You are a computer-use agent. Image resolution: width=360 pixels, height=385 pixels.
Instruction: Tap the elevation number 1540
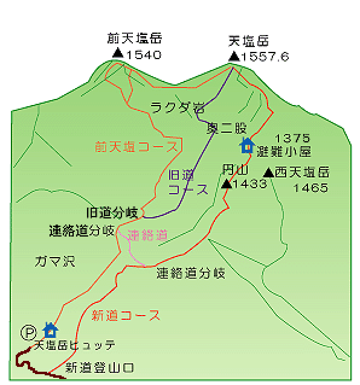click(143, 54)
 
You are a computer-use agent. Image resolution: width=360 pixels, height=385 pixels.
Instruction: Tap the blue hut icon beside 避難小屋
click(246, 146)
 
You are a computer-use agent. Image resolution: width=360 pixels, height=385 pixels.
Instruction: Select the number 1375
click(292, 138)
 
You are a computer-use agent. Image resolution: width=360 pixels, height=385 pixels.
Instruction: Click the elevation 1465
click(310, 188)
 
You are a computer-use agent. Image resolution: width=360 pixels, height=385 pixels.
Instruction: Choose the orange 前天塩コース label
click(137, 147)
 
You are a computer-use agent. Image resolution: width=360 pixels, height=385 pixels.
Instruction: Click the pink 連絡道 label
click(147, 235)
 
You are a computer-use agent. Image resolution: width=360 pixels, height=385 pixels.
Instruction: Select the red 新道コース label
click(126, 315)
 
